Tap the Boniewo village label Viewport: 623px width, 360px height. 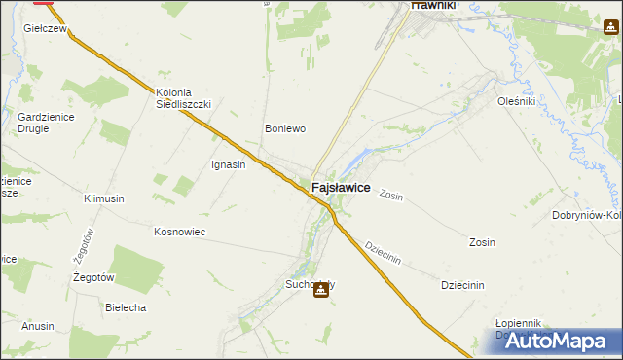[x=286, y=127]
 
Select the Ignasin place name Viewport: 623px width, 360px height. [x=228, y=164]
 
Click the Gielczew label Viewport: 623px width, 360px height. [x=45, y=30]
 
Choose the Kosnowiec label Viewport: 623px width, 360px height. [x=178, y=232]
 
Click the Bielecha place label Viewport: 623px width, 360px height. [x=126, y=307]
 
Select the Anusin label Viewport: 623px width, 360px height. [x=38, y=326]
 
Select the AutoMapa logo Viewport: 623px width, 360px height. [x=550, y=341]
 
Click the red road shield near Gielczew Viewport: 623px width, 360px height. [x=43, y=3]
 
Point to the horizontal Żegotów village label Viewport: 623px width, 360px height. [x=95, y=277]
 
